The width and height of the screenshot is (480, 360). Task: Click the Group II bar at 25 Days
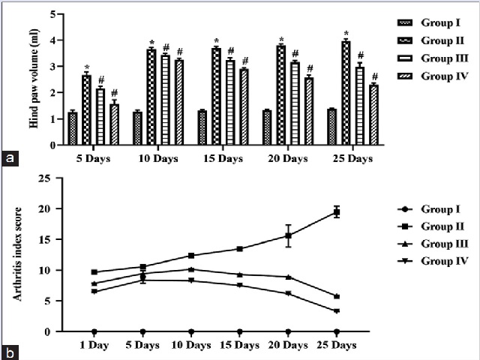(x=346, y=93)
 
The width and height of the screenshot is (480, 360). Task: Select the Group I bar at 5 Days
(x=73, y=128)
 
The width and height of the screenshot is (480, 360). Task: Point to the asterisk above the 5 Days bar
(x=86, y=67)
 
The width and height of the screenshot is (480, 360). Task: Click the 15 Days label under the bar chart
(x=223, y=159)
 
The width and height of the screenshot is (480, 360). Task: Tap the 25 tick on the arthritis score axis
(x=45, y=178)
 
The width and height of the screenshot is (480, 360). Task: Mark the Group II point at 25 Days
(x=337, y=212)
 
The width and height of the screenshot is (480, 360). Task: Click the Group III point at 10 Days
(x=191, y=269)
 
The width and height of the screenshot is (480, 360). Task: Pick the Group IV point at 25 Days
(x=337, y=310)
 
